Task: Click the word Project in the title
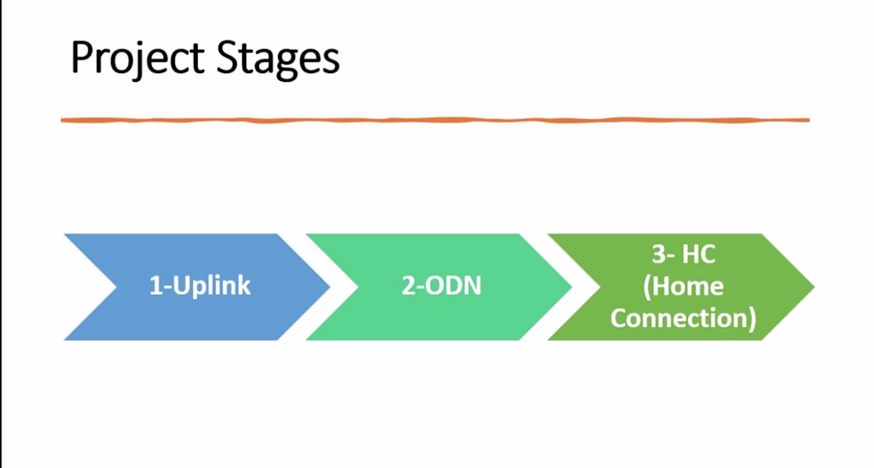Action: coord(137,58)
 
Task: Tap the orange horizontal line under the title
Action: coord(435,120)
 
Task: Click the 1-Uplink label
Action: coord(200,286)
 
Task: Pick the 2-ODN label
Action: coord(442,286)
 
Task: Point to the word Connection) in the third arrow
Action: coord(683,319)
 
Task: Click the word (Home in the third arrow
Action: coord(683,286)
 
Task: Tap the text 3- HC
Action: coord(683,254)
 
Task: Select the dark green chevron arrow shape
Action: coord(681,287)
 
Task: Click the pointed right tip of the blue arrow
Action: coord(330,287)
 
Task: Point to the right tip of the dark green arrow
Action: coord(814,287)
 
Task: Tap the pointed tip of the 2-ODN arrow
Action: coord(572,287)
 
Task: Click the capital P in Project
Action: coord(83,57)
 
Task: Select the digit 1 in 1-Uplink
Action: coord(156,286)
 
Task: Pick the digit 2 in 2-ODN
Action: coord(408,286)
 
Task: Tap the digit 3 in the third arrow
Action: coord(659,254)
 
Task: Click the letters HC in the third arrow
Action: coord(699,254)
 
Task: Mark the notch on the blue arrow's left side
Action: coord(116,287)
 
